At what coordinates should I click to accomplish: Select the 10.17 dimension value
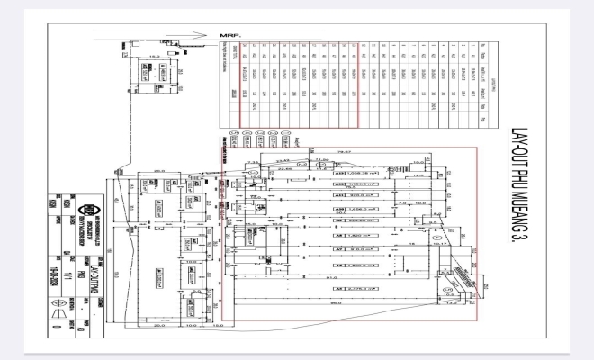click(x=440, y=240)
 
